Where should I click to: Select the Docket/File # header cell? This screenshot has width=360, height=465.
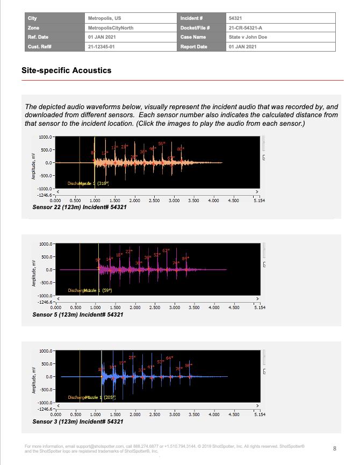pyautogui.click(x=195, y=27)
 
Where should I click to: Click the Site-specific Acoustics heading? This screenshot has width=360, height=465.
pyautogui.click(x=66, y=70)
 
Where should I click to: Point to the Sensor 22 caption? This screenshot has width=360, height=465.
pyautogui.click(x=80, y=208)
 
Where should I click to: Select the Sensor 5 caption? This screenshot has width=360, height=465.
pyautogui.click(x=78, y=314)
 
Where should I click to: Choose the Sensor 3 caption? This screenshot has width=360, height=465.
pyautogui.click(x=78, y=421)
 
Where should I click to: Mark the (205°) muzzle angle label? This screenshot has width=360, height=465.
pyautogui.click(x=104, y=397)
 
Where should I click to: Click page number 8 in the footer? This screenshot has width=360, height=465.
pyautogui.click(x=335, y=448)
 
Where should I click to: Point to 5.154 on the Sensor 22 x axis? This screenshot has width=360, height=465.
pyautogui.click(x=259, y=201)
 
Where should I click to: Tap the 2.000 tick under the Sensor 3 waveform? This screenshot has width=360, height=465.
pyautogui.click(x=135, y=415)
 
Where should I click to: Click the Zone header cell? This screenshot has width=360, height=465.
pyautogui.click(x=33, y=27)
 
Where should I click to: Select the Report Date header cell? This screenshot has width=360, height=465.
pyautogui.click(x=194, y=47)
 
